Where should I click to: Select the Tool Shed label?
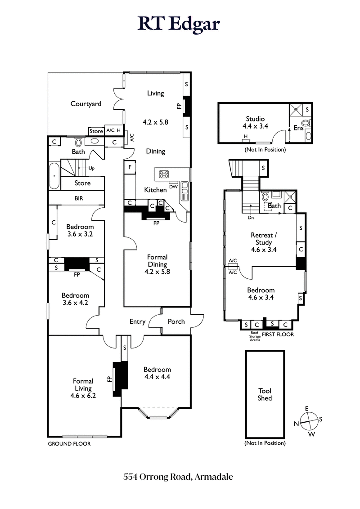click(265, 394)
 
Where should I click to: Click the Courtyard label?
click(86, 104)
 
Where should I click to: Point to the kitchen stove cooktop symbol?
click(162, 174)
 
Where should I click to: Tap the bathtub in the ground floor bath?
click(54, 176)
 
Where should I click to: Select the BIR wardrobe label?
click(79, 198)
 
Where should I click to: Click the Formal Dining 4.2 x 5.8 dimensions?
click(157, 272)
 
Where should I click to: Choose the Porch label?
click(176, 321)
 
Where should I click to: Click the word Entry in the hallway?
click(137, 321)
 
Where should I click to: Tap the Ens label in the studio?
click(298, 128)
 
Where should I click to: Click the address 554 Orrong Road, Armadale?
click(180, 477)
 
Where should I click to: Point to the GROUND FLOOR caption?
click(69, 444)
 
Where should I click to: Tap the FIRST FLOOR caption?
click(279, 335)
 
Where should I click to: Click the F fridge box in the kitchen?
click(130, 167)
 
